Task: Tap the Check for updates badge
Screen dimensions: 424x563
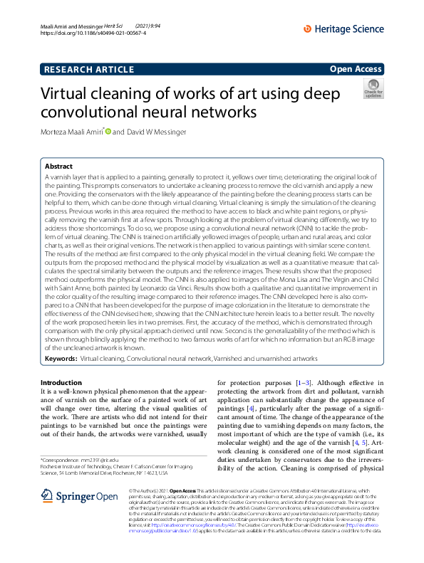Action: [x=373, y=89]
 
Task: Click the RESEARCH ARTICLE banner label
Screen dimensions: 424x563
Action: [x=89, y=70]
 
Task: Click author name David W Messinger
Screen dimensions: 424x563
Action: [x=163, y=132]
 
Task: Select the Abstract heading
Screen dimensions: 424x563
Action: [x=58, y=165]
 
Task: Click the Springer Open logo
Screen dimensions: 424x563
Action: [x=78, y=496]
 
